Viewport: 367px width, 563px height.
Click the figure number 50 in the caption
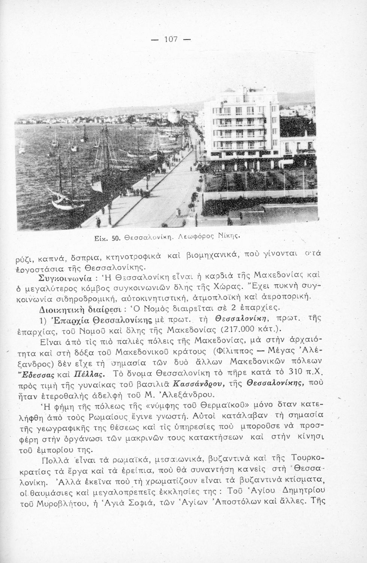click(x=116, y=238)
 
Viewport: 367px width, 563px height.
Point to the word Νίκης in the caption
click(x=229, y=237)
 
